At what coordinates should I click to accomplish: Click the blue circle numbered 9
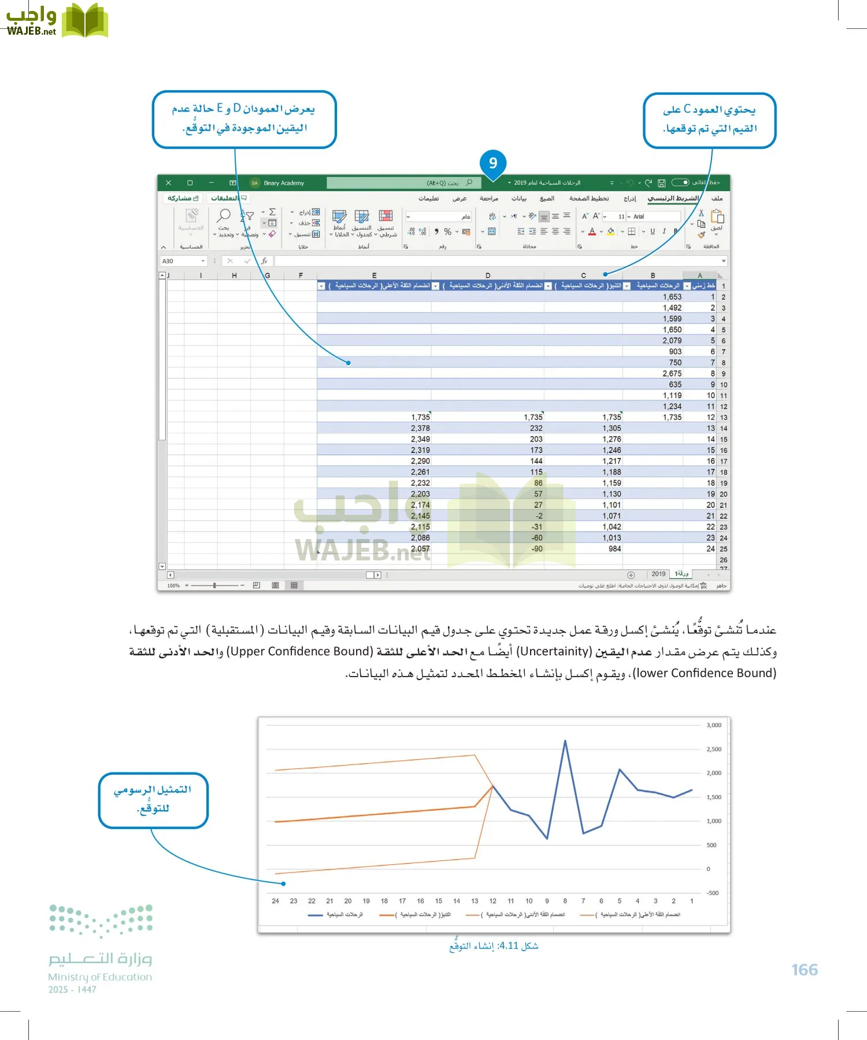coord(492,163)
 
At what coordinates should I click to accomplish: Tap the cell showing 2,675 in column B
coord(672,374)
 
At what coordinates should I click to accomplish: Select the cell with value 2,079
coord(672,341)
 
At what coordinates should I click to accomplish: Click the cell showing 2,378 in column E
coord(420,428)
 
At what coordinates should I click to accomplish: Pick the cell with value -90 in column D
coord(537,549)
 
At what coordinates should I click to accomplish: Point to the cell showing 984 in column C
coord(614,549)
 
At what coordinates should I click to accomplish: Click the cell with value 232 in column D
coord(536,428)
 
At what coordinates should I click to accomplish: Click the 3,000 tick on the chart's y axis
coord(714,725)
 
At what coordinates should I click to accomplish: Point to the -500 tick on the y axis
coord(713,893)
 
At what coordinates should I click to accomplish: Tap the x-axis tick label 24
coord(275,901)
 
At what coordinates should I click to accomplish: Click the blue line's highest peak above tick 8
coord(565,741)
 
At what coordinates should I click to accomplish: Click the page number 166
coord(805,970)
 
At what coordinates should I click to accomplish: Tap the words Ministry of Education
coord(100,977)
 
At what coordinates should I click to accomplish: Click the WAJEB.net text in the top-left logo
coord(31,32)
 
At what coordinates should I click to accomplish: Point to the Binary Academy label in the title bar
coord(284,183)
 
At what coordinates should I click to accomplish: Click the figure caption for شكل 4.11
coord(494,946)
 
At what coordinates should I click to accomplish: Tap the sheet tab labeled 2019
coord(658,574)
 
